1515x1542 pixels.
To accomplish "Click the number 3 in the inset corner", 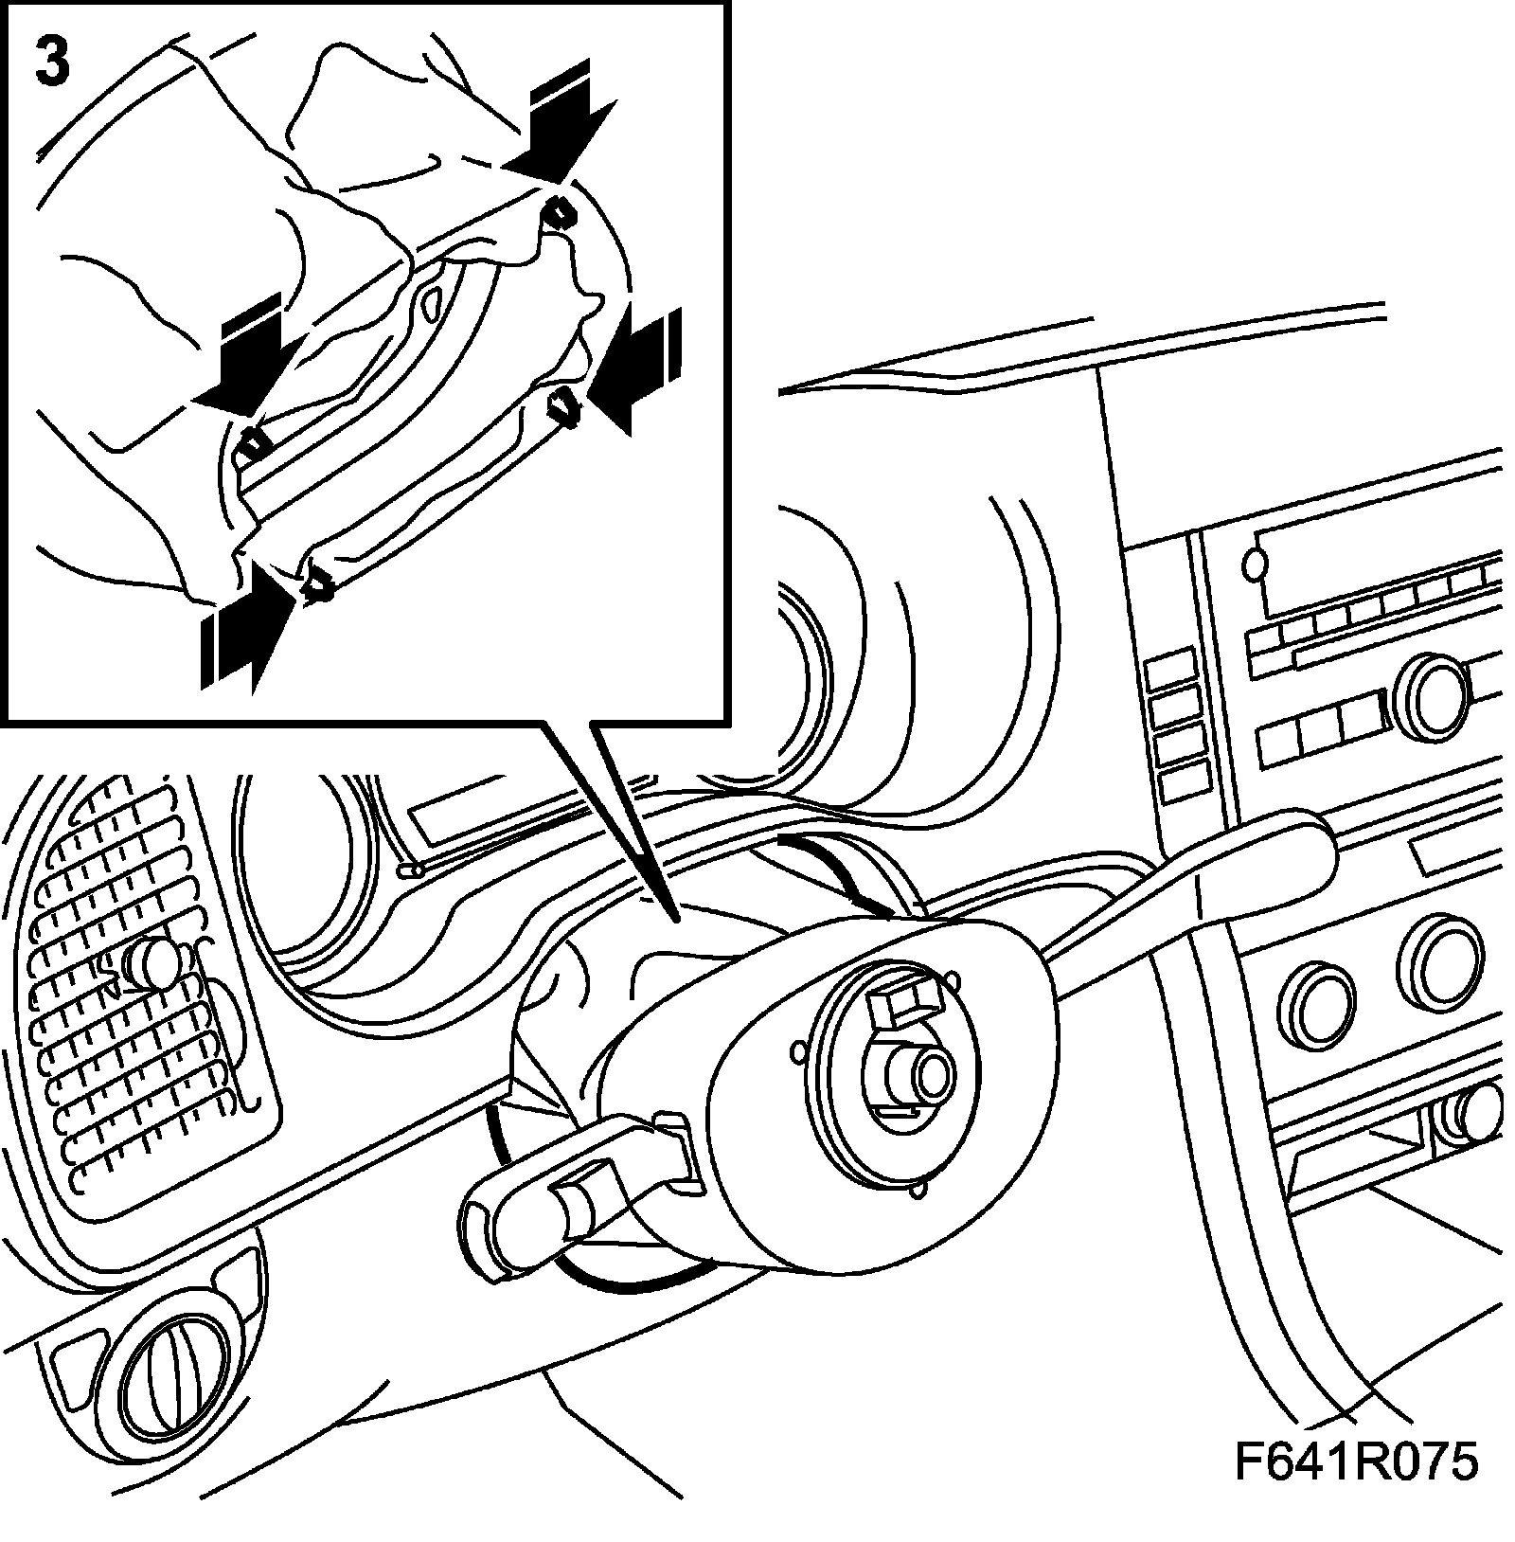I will click(52, 62).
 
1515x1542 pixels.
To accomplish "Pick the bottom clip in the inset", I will click(318, 588).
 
